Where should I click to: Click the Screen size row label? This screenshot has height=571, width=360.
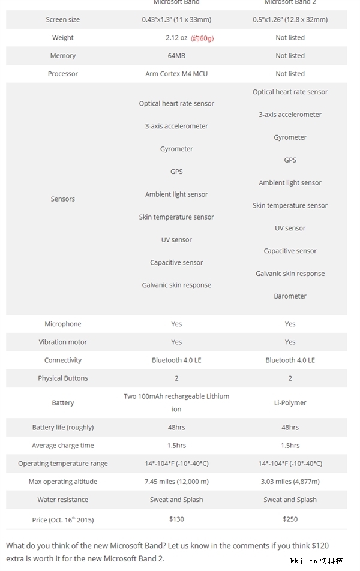(x=62, y=20)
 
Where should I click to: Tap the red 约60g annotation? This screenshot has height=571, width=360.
(x=202, y=38)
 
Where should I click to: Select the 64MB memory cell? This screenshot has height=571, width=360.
(x=176, y=56)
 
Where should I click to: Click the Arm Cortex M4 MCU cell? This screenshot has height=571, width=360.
(x=176, y=74)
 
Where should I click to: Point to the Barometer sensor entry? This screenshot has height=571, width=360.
(x=290, y=296)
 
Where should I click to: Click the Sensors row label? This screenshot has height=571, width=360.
(x=62, y=199)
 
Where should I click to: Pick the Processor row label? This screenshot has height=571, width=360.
(x=62, y=74)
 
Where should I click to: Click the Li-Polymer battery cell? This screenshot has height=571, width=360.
(x=290, y=403)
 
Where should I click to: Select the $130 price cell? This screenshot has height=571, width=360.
(x=176, y=519)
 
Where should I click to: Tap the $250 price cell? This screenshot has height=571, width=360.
(x=290, y=519)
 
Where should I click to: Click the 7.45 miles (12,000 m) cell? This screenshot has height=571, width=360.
(x=176, y=482)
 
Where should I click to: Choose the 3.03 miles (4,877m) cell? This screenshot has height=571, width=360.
(x=290, y=482)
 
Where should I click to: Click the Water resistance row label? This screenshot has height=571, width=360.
(x=62, y=500)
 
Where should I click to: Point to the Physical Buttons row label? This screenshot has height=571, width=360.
(x=62, y=378)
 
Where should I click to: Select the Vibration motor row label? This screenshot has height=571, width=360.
(x=62, y=342)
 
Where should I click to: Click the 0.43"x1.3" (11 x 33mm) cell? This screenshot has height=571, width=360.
(x=176, y=20)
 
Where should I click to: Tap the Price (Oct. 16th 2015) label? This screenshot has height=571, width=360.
(x=62, y=519)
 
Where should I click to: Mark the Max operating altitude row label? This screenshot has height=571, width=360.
(x=62, y=482)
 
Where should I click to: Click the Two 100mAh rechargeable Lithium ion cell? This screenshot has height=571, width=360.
(x=176, y=402)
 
